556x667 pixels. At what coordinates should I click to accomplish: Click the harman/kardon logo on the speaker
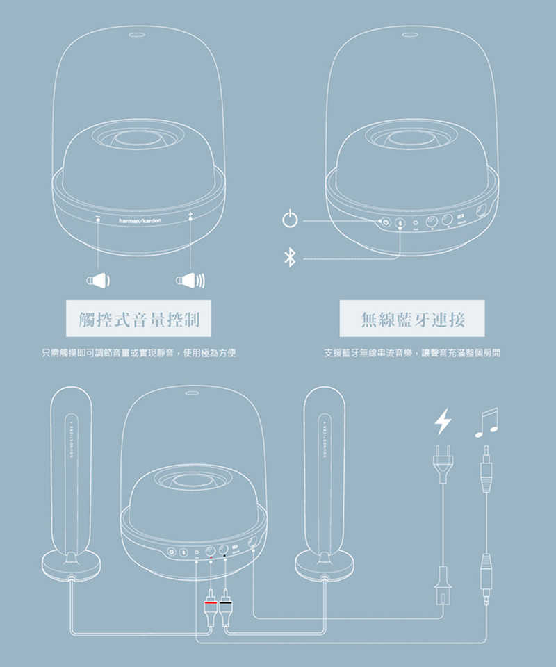pos(139,220)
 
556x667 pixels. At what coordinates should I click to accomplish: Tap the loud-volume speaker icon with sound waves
pos(189,281)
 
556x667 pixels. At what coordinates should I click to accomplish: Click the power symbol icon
pos(291,220)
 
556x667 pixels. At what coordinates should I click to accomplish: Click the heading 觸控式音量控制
pos(138,319)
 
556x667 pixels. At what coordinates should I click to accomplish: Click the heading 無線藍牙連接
pos(412,319)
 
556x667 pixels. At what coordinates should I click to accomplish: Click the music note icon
pos(487,422)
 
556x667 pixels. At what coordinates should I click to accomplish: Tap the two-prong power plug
pos(443,462)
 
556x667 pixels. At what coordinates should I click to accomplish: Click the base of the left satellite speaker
pos(71,566)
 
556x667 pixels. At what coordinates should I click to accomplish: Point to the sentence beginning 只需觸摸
pos(138,354)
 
